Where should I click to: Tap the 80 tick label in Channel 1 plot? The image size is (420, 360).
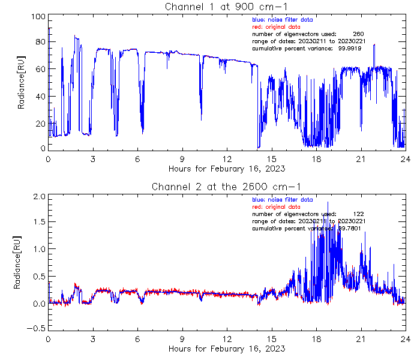click(x=40, y=43)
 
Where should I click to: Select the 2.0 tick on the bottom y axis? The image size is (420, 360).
click(x=38, y=196)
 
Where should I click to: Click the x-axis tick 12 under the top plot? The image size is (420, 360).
click(x=227, y=159)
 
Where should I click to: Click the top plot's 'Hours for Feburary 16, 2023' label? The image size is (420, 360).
click(x=227, y=169)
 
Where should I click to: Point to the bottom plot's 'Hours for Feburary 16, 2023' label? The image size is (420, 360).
click(x=227, y=349)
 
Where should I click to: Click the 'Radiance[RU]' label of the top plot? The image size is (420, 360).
click(x=22, y=83)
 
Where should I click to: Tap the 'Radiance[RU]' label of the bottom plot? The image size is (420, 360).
click(x=22, y=263)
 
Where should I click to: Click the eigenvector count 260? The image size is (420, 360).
click(x=358, y=34)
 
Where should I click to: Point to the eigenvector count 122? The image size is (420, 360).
click(x=358, y=214)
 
